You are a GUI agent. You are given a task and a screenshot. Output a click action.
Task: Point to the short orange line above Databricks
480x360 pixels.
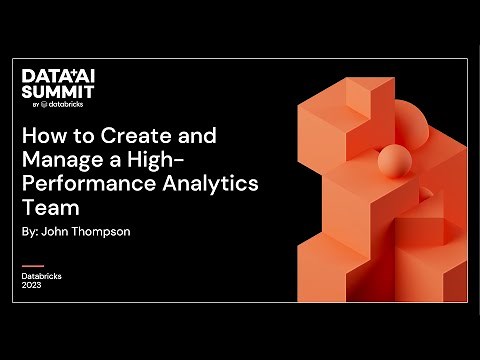pyautogui.click(x=33, y=266)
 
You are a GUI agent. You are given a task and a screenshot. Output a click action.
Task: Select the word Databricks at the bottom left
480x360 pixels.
pyautogui.click(x=43, y=275)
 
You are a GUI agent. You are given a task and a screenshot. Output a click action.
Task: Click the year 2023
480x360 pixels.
pyautogui.click(x=32, y=285)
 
